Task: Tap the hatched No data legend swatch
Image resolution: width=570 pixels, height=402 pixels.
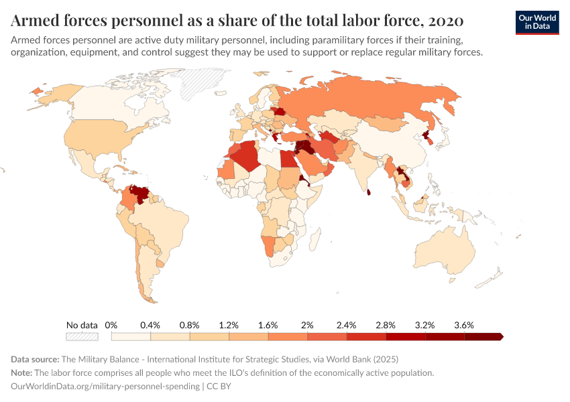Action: pos(82,337)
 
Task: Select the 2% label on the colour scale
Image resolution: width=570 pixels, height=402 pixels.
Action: pos(307,325)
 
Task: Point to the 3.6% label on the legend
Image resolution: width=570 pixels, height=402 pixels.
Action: pos(463,325)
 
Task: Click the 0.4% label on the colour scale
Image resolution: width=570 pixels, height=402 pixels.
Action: pos(150,325)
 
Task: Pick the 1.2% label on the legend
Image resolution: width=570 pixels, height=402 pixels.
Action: pos(229,325)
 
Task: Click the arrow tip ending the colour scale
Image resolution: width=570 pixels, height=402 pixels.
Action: pos(500,337)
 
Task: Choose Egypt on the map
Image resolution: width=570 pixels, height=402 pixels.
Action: pos(286,159)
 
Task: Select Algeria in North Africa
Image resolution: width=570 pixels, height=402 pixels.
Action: pos(248,155)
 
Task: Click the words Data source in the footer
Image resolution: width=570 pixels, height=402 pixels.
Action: pos(36,359)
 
